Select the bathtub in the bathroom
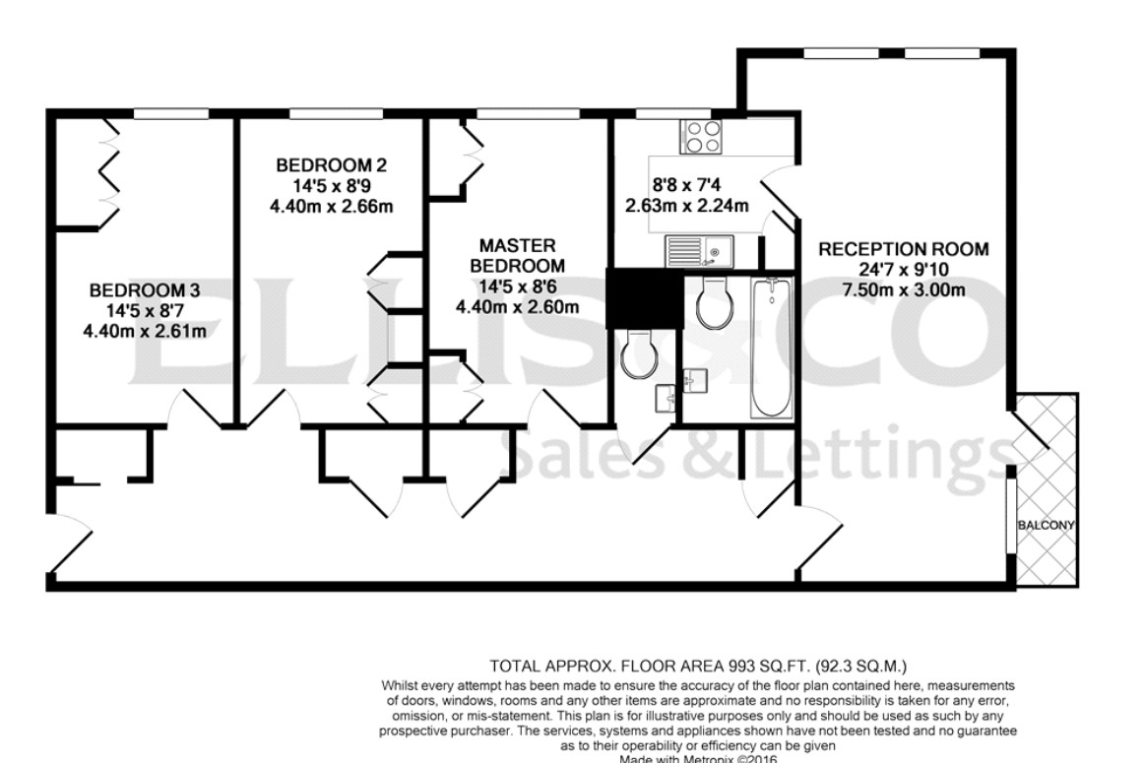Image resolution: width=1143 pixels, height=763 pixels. click(770, 347)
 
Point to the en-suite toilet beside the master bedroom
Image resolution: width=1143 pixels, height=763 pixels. click(641, 351)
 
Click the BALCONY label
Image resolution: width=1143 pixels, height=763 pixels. click(1046, 525)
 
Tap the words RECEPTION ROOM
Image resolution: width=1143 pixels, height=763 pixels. click(903, 249)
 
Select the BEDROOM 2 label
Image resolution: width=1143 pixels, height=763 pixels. click(324, 164)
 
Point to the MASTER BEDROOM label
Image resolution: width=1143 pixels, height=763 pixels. click(517, 255)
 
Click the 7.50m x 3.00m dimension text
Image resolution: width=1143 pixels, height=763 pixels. click(903, 288)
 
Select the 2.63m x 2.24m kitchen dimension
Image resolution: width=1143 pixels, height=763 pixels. click(687, 206)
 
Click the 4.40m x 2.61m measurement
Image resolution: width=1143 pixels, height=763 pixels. click(145, 331)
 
